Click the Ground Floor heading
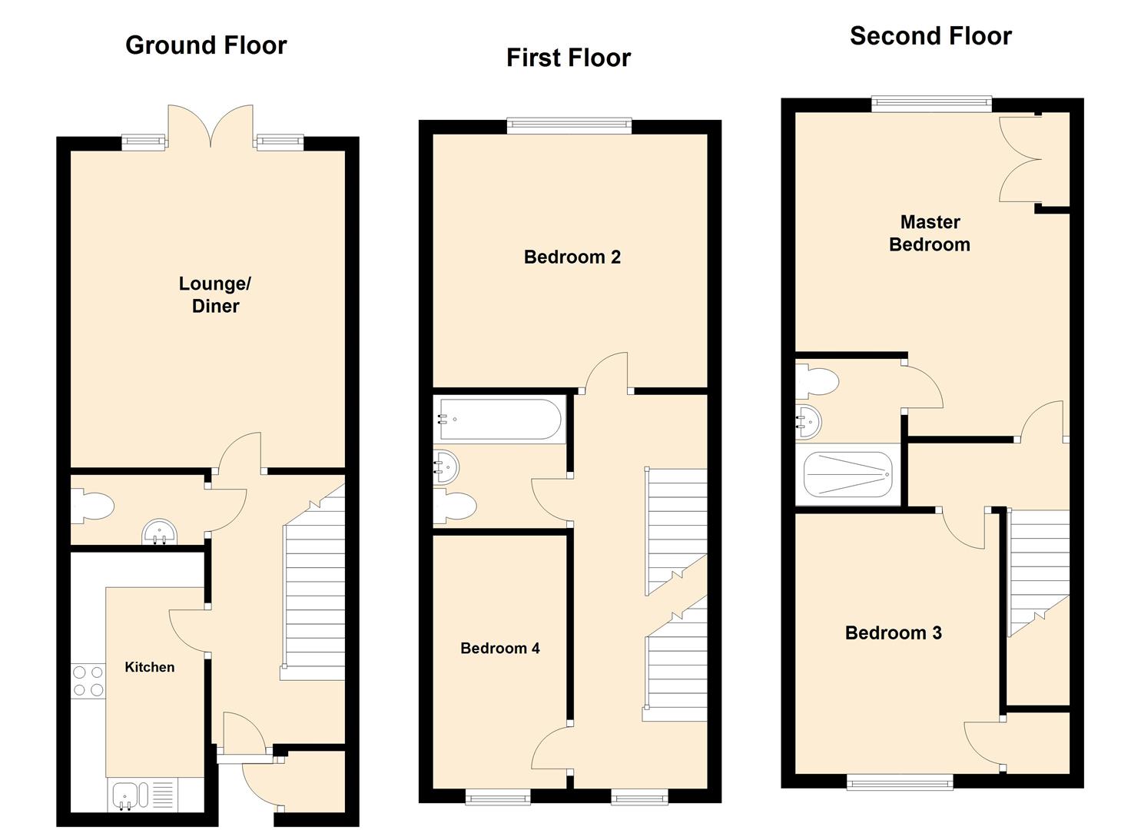pos(206,45)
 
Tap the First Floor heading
pos(569,58)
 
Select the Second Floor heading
pos(930,36)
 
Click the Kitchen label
pos(150,667)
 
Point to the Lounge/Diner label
pos(215,294)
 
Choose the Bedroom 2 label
pos(572,257)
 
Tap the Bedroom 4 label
pos(500,648)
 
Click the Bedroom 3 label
pos(894,632)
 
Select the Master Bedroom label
pos(930,233)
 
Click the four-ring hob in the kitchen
pos(88,681)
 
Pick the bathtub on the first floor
pos(500,419)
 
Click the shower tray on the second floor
pos(847,474)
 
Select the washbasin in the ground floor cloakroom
pos(160,531)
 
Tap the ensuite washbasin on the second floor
pos(808,422)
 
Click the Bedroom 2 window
pos(569,126)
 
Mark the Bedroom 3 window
pos(900,782)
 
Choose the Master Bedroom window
pos(932,104)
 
